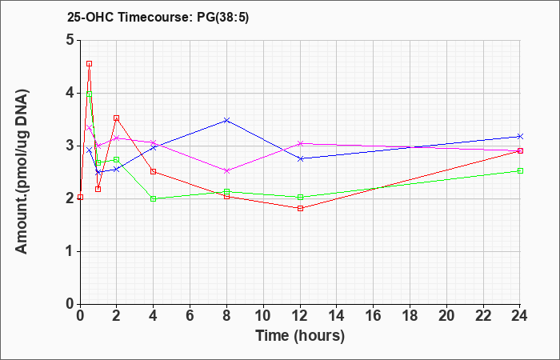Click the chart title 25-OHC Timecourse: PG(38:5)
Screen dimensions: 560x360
[x=158, y=18]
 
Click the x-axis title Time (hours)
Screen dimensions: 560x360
[x=300, y=336]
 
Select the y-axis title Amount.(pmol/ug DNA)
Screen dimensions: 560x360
[x=22, y=172]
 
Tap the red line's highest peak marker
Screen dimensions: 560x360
[x=90, y=63]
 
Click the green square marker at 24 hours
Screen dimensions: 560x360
[x=520, y=170]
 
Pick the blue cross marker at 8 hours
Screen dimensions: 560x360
[x=226, y=120]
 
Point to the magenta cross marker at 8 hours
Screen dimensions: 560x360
[x=226, y=170]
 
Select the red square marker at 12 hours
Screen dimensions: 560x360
[x=300, y=208]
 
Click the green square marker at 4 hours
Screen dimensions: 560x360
[x=154, y=198]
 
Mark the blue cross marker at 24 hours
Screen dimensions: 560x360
[x=520, y=137]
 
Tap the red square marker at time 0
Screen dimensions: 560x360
[x=80, y=197]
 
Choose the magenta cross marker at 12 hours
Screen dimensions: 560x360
[x=300, y=143]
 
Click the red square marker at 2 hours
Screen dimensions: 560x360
[x=117, y=118]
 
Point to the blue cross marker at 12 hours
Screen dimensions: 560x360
[x=300, y=158]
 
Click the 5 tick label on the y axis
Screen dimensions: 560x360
[x=70, y=40]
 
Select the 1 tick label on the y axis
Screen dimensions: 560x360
[x=70, y=251]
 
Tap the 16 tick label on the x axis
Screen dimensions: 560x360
[x=374, y=315]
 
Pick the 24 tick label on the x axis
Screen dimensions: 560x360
[x=520, y=315]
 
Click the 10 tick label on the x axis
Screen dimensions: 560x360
[x=263, y=315]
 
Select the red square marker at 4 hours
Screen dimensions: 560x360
[x=154, y=171]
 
